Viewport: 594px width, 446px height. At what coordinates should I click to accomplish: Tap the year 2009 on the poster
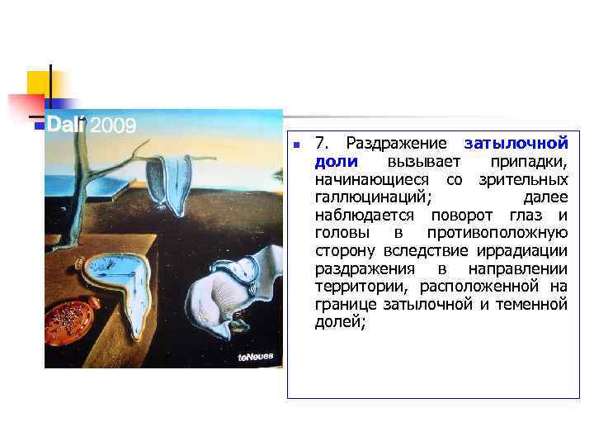[x=113, y=126]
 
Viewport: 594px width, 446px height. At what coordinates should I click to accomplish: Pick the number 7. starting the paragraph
[x=323, y=143]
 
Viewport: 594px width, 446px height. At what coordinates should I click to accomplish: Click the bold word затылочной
[x=516, y=143]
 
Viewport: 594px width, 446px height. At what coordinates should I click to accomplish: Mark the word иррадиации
[x=523, y=251]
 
